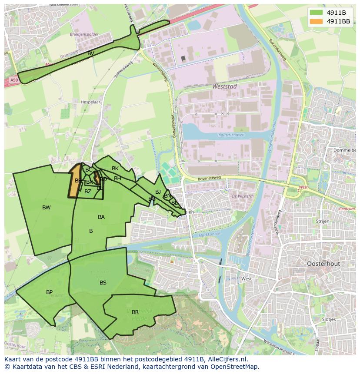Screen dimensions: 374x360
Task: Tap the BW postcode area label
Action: [x=47, y=208]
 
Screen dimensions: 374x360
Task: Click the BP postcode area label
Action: [x=50, y=292]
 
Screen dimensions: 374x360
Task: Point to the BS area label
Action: [x=103, y=283]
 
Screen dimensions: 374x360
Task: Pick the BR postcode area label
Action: [x=135, y=312]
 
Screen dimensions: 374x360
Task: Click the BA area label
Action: [x=101, y=217]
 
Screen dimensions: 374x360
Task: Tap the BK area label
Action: [x=115, y=169]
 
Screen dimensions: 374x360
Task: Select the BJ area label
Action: [x=158, y=192]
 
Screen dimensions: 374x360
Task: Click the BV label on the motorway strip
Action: [x=91, y=53]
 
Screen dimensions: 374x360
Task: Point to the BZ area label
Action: [x=88, y=192]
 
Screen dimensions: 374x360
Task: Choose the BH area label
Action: [x=118, y=179]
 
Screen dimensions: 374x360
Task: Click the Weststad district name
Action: [x=224, y=86]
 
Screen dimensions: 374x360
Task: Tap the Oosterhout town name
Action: [x=323, y=264]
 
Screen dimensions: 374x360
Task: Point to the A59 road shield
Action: [x=13, y=80]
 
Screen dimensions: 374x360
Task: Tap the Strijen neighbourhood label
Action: [x=323, y=221]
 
